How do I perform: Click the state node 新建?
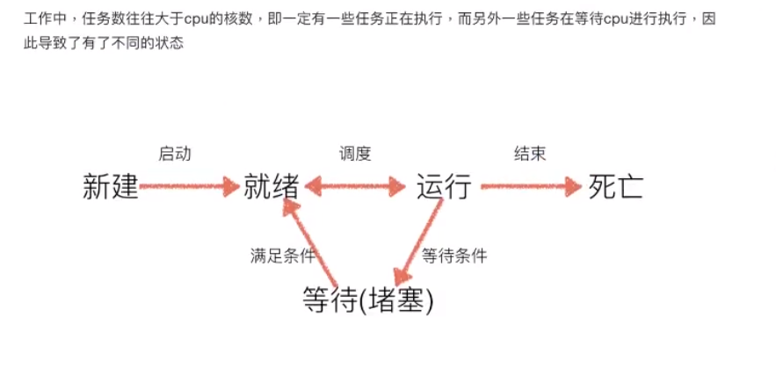pyautogui.click(x=111, y=187)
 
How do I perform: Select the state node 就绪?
pyautogui.click(x=272, y=187)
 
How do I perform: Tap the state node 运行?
pyautogui.click(x=444, y=187)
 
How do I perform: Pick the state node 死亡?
pyautogui.click(x=616, y=187)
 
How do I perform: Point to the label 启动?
pyautogui.click(x=174, y=154)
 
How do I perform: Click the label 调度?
pyautogui.click(x=355, y=154)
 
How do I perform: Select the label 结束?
pyautogui.click(x=529, y=154)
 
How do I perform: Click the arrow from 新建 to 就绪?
pyautogui.click(x=189, y=187)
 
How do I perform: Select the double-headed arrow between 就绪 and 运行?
pyautogui.click(x=355, y=187)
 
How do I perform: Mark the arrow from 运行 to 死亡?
pyautogui.click(x=531, y=187)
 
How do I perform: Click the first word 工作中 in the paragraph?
pyautogui.click(x=43, y=18)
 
